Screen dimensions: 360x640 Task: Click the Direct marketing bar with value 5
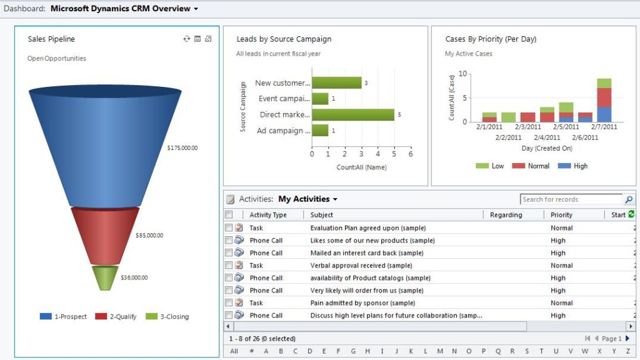[353, 115]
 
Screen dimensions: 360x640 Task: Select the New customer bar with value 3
[337, 83]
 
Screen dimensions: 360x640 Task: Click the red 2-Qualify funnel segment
[105, 235]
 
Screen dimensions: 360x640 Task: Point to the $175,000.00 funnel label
[182, 148]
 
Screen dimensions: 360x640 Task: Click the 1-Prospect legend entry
[63, 317]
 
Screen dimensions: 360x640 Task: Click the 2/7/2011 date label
[604, 127]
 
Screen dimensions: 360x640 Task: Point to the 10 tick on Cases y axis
[462, 74]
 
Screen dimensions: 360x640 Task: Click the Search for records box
[571, 199]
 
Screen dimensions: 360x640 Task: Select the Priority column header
[561, 215]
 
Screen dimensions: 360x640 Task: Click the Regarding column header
[506, 215]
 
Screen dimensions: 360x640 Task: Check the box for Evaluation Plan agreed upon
[229, 228]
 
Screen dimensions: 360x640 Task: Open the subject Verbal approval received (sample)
[362, 266]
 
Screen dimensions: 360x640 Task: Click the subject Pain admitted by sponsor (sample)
[362, 303]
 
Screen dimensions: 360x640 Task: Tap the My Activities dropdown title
[307, 199]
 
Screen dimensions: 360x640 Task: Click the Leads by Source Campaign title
[284, 39]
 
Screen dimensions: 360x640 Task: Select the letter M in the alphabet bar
[441, 351]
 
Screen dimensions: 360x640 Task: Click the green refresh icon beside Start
[631, 214]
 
